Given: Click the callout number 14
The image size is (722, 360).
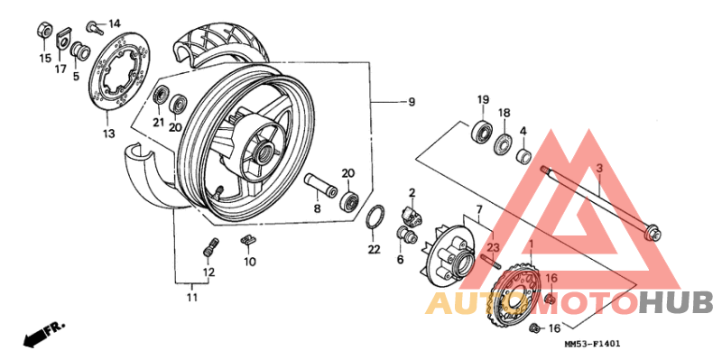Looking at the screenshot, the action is point(115,23).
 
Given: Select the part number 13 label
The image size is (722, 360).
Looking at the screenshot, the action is point(108,134).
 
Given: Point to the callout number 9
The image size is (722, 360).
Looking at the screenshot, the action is point(411,102).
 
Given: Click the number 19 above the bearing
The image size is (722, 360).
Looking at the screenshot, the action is point(483,99).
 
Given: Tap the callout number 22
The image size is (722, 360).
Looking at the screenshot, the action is point(374,248).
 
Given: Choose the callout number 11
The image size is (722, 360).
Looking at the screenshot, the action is point(192,297).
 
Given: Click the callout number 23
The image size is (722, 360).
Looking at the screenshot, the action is point(493,246).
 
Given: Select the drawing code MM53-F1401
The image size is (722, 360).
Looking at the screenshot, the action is point(592,345).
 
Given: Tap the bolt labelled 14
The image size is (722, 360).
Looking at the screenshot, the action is point(94,23).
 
